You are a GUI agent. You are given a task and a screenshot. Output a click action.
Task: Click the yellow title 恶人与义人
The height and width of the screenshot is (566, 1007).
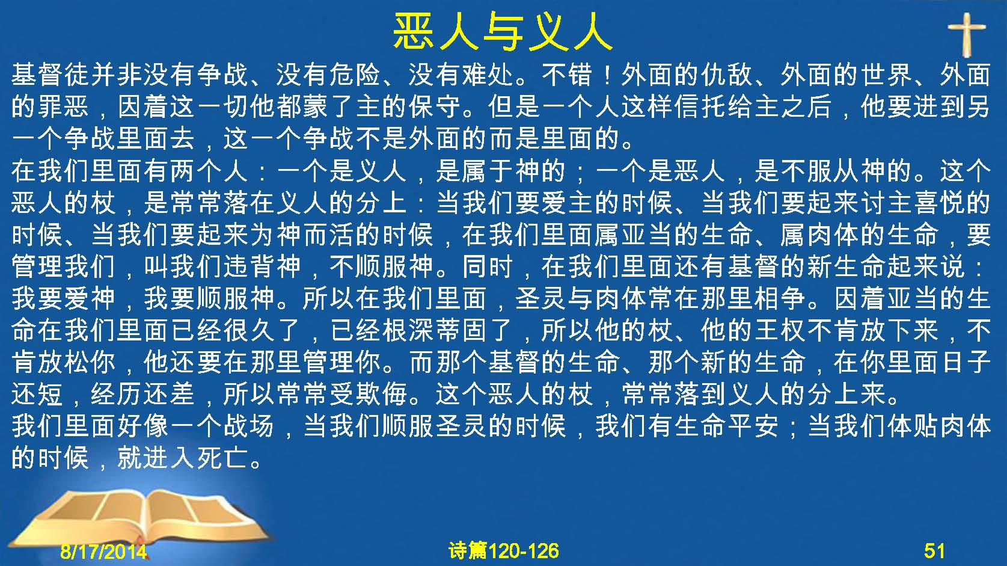coord(503,31)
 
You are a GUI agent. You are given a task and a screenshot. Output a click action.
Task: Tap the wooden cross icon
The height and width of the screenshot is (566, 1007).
coord(967,35)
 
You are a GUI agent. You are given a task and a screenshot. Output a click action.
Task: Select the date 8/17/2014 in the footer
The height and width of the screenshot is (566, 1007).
coord(103,551)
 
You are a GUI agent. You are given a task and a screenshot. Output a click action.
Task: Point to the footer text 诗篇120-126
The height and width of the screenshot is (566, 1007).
coord(504,551)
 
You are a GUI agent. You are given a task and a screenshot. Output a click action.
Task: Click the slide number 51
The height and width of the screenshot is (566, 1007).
coord(934,551)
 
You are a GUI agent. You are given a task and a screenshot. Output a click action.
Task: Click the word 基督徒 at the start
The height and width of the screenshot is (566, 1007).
coord(51,74)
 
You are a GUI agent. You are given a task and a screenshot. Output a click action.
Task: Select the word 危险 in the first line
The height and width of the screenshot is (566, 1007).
coord(355,74)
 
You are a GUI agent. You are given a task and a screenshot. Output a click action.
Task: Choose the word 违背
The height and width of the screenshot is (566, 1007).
coord(249,266)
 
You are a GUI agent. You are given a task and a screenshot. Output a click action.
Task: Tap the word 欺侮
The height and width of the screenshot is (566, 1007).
coord(381,394)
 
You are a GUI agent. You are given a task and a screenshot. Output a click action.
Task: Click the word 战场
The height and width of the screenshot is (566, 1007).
coord(249,426)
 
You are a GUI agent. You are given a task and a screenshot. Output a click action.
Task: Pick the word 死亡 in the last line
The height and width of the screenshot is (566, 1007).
coord(223,458)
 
